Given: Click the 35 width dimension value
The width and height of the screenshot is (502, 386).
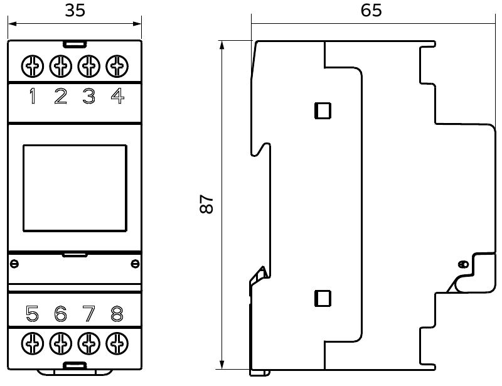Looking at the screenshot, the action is [75, 10].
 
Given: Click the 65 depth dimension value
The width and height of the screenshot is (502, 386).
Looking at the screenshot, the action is [371, 10].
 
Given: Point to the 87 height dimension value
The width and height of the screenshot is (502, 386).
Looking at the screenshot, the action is [206, 204].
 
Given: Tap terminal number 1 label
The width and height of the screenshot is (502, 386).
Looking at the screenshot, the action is [33, 96].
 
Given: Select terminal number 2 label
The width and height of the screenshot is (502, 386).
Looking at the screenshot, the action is [61, 96].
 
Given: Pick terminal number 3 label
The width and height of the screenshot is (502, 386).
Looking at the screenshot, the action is [89, 96].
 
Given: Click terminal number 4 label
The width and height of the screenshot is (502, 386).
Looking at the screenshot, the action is [117, 96].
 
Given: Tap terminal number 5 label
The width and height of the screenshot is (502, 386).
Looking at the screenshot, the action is [33, 314].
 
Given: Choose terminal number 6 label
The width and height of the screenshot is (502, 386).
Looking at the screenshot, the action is [60, 314].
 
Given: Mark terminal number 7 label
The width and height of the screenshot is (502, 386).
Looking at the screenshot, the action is [88, 314].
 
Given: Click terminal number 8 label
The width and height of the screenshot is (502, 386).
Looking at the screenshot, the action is [117, 314].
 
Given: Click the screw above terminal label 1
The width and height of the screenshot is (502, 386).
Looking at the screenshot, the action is [33, 67].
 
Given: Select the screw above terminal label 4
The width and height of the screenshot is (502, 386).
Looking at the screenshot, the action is [117, 67].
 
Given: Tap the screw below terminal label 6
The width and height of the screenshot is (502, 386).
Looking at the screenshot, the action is [61, 343].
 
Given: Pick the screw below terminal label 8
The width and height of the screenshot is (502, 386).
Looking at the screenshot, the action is [117, 343].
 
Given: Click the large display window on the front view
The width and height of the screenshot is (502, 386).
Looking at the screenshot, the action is [75, 188].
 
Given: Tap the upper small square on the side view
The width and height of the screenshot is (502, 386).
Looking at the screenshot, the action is [323, 111].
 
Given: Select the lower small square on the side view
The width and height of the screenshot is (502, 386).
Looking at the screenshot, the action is [323, 298].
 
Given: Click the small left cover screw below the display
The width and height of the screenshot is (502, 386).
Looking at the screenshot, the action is [14, 264].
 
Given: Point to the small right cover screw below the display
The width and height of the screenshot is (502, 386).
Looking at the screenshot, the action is [135, 264].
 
